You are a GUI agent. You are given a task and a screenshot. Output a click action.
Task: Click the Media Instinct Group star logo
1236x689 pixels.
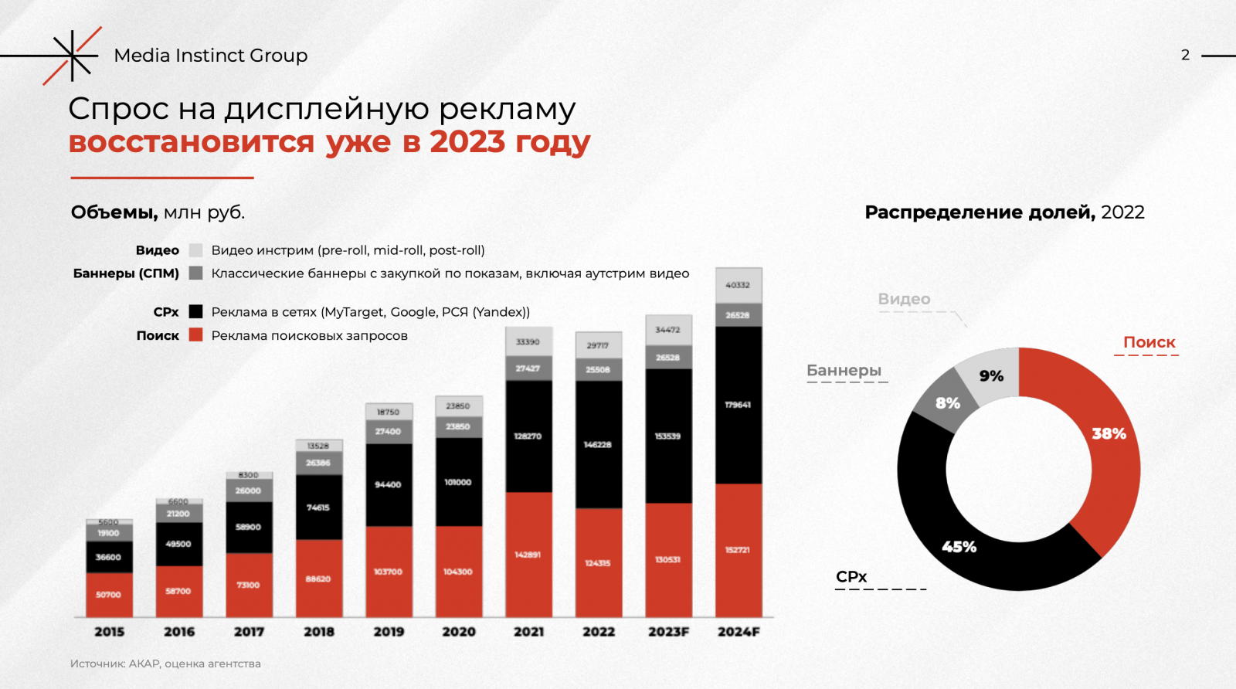click(71, 56)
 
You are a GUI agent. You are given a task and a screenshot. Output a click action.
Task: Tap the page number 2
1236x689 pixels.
click(1185, 55)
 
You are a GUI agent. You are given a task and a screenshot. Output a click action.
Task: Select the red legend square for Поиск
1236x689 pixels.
click(195, 335)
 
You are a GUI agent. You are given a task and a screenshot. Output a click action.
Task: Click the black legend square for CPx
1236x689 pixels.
click(195, 312)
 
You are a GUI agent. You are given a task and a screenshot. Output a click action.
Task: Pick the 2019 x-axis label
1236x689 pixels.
click(389, 632)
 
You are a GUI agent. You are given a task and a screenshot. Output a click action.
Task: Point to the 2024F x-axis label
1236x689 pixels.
click(739, 632)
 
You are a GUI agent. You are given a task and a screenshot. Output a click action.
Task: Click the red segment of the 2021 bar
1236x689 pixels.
click(528, 555)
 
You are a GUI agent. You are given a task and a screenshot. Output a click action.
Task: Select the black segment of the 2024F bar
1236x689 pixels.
click(739, 405)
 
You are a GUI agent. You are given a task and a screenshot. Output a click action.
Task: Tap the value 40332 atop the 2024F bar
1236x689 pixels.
click(738, 285)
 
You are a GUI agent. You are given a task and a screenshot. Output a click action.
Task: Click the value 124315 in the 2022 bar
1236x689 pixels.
click(598, 563)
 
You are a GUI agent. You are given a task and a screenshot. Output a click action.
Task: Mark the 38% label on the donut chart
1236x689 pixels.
click(1109, 434)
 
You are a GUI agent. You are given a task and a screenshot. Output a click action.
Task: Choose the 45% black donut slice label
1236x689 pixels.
click(959, 547)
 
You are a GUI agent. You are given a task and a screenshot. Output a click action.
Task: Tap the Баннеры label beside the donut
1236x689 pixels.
click(844, 371)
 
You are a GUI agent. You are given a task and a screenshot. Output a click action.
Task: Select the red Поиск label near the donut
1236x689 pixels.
click(1149, 342)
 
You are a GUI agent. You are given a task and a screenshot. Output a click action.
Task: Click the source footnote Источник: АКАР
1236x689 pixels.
click(165, 664)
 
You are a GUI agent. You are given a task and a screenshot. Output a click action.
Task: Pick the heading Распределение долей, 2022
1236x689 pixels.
click(1004, 212)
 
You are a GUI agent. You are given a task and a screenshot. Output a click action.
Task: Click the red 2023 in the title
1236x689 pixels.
click(467, 142)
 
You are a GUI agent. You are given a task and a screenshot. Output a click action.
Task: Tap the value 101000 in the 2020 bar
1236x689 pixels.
click(458, 482)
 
